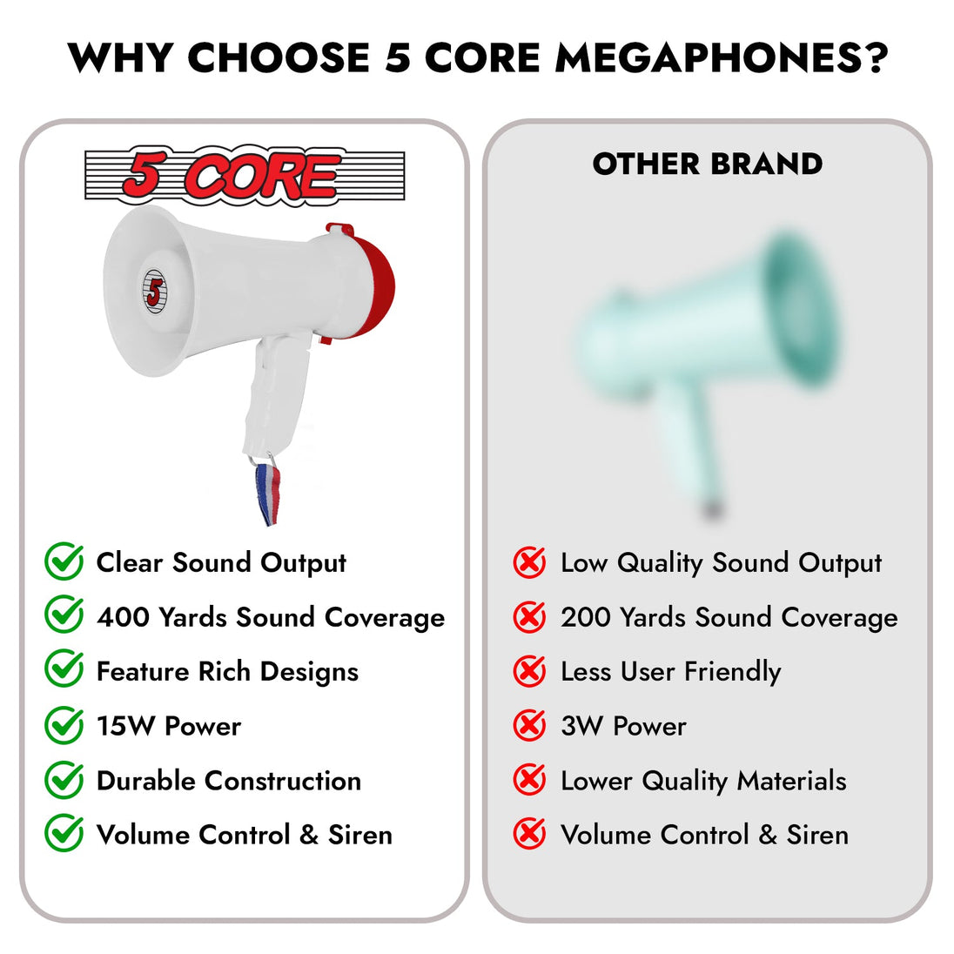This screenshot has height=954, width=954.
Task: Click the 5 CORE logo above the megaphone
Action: [245, 175]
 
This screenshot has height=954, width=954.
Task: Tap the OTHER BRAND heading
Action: [708, 164]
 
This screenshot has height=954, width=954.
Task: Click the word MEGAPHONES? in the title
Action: [722, 58]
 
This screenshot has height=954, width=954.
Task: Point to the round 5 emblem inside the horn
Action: [155, 292]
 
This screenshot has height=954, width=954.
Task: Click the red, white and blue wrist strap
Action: [268, 493]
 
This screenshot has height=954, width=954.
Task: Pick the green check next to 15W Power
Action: [64, 724]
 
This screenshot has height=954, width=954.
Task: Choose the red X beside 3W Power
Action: [529, 725]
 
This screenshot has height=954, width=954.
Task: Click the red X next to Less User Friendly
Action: [529, 671]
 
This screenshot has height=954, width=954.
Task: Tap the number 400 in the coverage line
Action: [123, 617]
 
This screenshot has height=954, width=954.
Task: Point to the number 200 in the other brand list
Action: [587, 617]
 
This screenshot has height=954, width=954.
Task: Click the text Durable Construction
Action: [229, 781]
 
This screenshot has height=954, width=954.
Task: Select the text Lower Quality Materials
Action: [703, 781]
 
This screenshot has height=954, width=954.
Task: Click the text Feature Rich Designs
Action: [227, 672]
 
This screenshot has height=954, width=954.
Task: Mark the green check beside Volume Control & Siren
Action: [64, 833]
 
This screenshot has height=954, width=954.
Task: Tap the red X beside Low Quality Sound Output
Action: [529, 562]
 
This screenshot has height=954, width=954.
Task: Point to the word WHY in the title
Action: [120, 58]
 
